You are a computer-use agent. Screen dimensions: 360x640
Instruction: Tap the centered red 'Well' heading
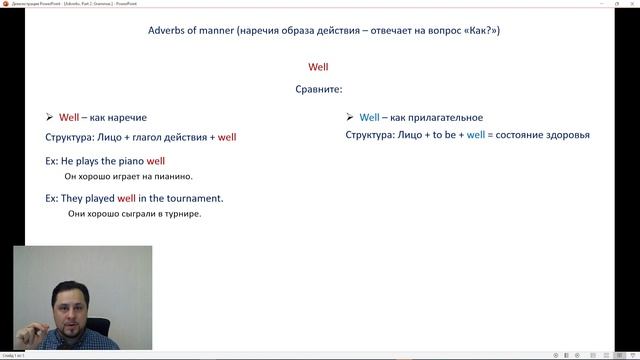pyautogui.click(x=319, y=67)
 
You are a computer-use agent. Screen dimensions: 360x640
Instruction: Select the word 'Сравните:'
pyautogui.click(x=319, y=89)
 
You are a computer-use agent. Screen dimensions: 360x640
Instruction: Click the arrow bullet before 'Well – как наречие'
pyautogui.click(x=50, y=117)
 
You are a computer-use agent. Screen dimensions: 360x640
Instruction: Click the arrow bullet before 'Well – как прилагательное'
pyautogui.click(x=350, y=117)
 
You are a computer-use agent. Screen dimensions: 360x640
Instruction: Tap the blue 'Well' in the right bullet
pyautogui.click(x=371, y=117)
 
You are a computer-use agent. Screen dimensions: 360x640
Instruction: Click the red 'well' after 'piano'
pyautogui.click(x=157, y=160)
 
